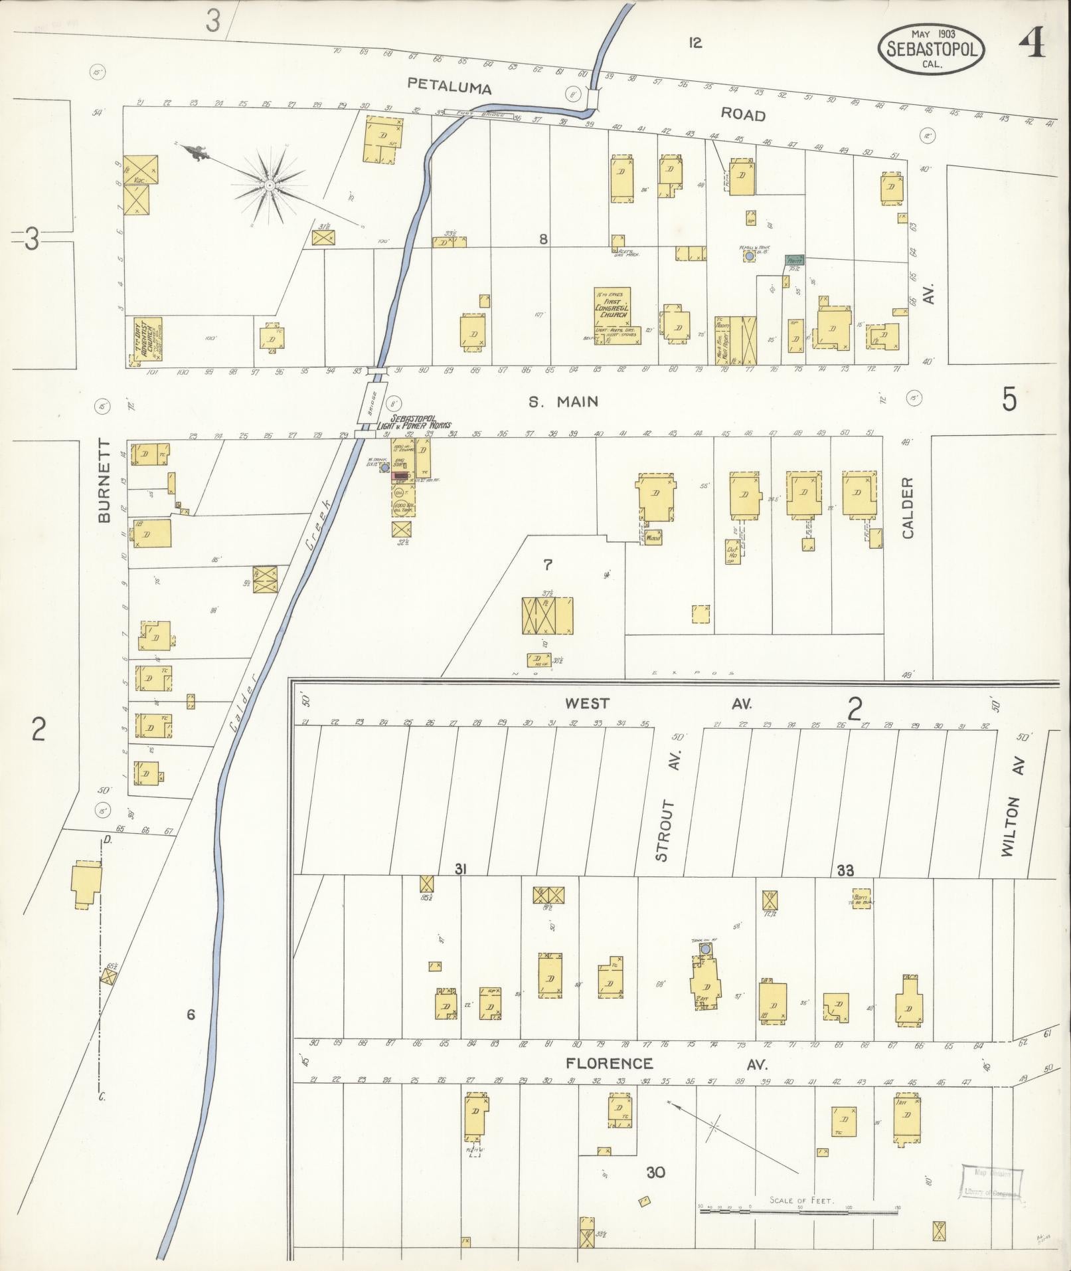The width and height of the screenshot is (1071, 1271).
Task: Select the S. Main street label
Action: click(x=563, y=401)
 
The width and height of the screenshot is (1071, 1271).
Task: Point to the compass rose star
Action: click(x=270, y=185)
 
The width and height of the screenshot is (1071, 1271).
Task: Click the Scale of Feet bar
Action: click(x=799, y=1211)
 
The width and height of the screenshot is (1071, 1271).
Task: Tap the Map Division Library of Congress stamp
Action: click(x=992, y=1182)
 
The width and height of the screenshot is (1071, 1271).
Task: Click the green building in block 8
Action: click(x=794, y=261)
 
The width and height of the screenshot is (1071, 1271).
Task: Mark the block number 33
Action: click(x=845, y=870)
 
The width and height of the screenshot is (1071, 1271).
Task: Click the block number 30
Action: click(x=656, y=1173)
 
